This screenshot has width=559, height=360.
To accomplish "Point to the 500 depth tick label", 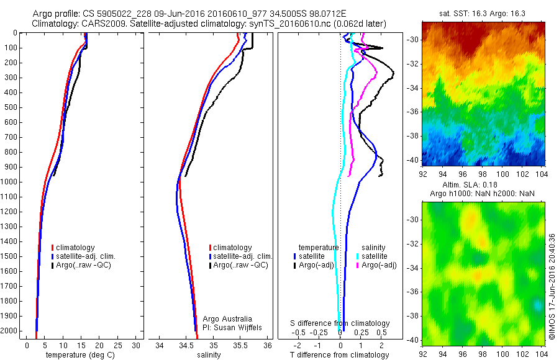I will click(x=11, y=107).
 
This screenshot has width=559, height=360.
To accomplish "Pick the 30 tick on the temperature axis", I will click(x=137, y=345).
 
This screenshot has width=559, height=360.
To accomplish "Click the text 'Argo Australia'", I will click(x=227, y=319).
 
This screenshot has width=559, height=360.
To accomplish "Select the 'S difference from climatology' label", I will click(x=340, y=323).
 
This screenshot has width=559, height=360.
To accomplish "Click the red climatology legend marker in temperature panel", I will click(x=53, y=248).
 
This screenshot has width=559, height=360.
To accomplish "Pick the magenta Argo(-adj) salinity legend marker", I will click(x=358, y=265).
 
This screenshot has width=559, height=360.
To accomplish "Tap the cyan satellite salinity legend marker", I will click(x=358, y=256).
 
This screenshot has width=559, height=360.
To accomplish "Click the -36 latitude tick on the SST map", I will click(x=413, y=112).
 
